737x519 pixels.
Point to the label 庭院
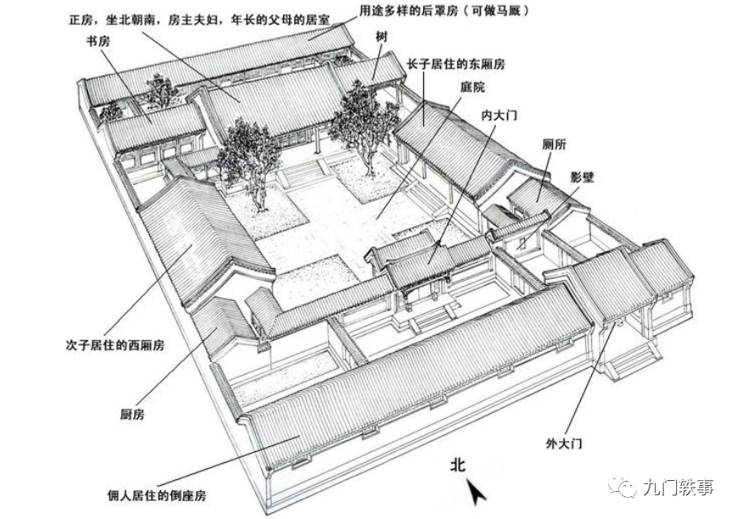[x=473, y=86]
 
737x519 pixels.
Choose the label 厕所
[x=554, y=144]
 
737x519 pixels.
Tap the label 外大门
[x=564, y=444]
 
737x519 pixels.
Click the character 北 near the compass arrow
[x=459, y=464]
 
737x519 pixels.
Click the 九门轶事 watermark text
[x=678, y=487]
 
